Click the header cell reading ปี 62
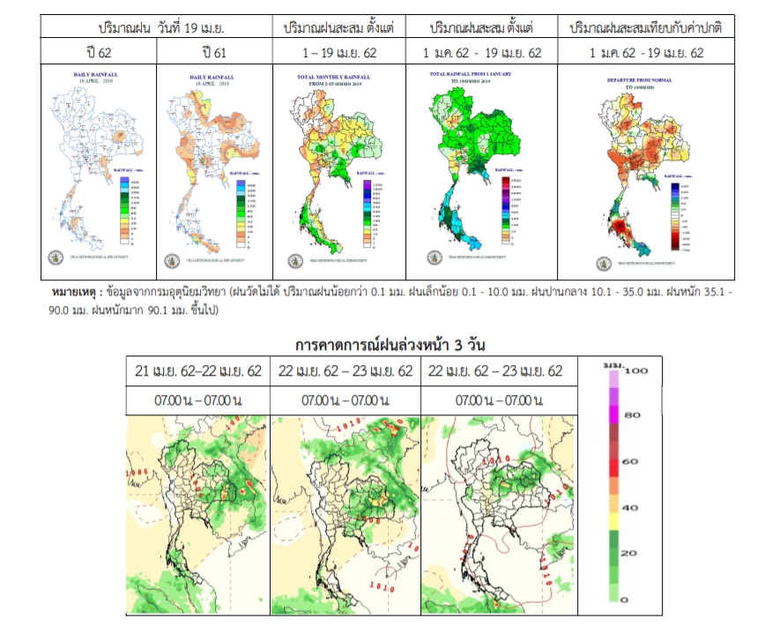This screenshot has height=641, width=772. point(97,53)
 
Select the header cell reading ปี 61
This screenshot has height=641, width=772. point(213,53)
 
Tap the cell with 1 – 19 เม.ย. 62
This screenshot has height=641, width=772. point(338,53)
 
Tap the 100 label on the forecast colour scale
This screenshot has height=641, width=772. point(637,371)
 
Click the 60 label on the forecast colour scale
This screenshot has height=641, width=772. point(631,462)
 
